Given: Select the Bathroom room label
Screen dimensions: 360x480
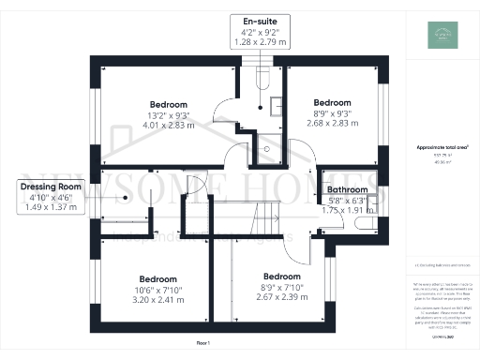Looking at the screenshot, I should click(x=347, y=189).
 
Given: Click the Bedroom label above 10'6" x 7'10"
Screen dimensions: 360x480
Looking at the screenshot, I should click(x=157, y=278).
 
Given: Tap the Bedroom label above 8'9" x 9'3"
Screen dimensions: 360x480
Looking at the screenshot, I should click(x=333, y=102).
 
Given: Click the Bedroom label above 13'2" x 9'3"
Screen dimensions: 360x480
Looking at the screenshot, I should click(x=169, y=104).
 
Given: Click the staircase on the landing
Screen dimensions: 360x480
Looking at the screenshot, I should click(x=266, y=224).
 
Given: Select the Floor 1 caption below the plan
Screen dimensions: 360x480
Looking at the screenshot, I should click(x=203, y=344).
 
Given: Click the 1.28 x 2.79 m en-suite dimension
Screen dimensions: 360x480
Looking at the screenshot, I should click(x=261, y=43).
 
